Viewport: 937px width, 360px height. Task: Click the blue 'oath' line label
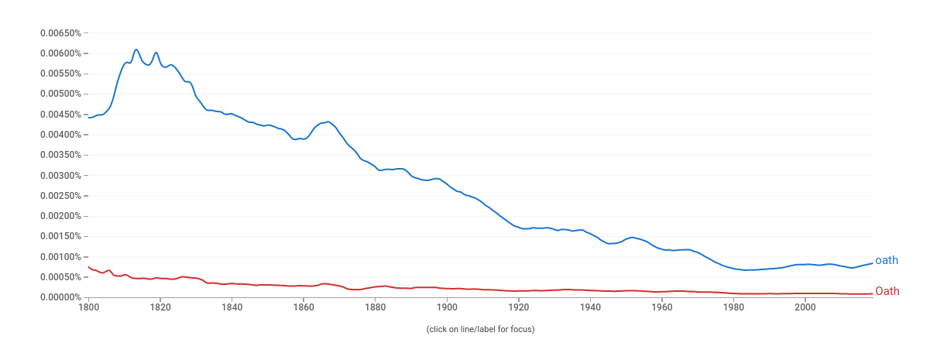pyautogui.click(x=887, y=261)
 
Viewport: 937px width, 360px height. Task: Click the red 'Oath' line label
pyautogui.click(x=887, y=292)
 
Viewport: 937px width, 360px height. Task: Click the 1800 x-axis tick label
pyautogui.click(x=88, y=307)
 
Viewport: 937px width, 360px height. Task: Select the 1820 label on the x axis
pyautogui.click(x=160, y=307)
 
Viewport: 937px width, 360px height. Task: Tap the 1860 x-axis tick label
pyautogui.click(x=304, y=307)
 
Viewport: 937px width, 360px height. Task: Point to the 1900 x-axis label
pyautogui.click(x=447, y=307)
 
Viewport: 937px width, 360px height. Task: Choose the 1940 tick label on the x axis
pyautogui.click(x=590, y=307)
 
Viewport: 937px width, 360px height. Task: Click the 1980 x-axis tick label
pyautogui.click(x=733, y=307)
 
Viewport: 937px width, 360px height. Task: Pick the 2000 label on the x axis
pyautogui.click(x=805, y=307)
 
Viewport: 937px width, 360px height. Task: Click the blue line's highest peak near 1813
pyautogui.click(x=136, y=50)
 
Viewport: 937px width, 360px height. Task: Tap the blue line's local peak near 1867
pyautogui.click(x=328, y=122)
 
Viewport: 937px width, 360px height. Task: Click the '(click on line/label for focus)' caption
pyautogui.click(x=480, y=330)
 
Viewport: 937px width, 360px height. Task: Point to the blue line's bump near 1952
pyautogui.click(x=633, y=237)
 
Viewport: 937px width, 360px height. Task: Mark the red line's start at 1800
pyautogui.click(x=89, y=267)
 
